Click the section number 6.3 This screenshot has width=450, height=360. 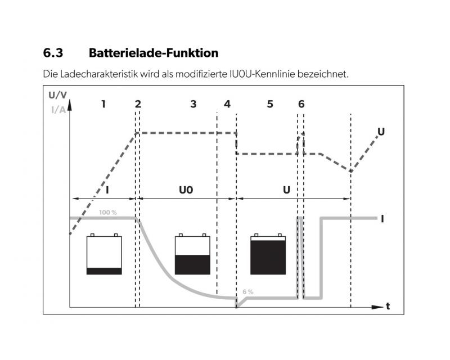pos(53,53)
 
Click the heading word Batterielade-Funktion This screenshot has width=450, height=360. pos(154,53)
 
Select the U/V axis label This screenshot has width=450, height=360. pos(58,95)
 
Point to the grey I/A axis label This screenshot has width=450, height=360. pos(58,110)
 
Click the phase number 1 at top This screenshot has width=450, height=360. pos(103,104)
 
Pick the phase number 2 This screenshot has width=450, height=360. pos(138,104)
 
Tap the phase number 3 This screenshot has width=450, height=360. pos(193,104)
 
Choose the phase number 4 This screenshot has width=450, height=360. pos(227,104)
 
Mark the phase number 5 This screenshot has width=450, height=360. pos(270,104)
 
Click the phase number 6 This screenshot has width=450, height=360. pos(301,104)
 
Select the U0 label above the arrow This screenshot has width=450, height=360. pos(186,190)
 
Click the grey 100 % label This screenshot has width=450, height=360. pos(108,213)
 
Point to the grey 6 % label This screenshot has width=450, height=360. pos(248,292)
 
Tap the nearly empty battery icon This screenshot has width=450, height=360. pos(104,254)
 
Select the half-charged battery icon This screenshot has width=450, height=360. pos(192,254)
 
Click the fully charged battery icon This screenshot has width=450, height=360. pos(268,254)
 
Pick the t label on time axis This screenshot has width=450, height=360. pos(388,307)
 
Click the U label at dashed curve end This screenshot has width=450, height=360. pos(381,132)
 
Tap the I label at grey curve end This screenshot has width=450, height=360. pos(382,219)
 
